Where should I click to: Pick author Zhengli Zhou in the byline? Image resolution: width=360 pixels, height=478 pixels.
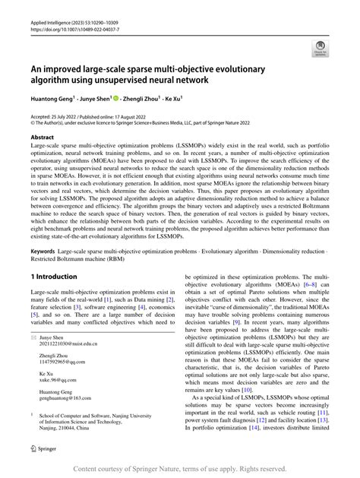(144, 97)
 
